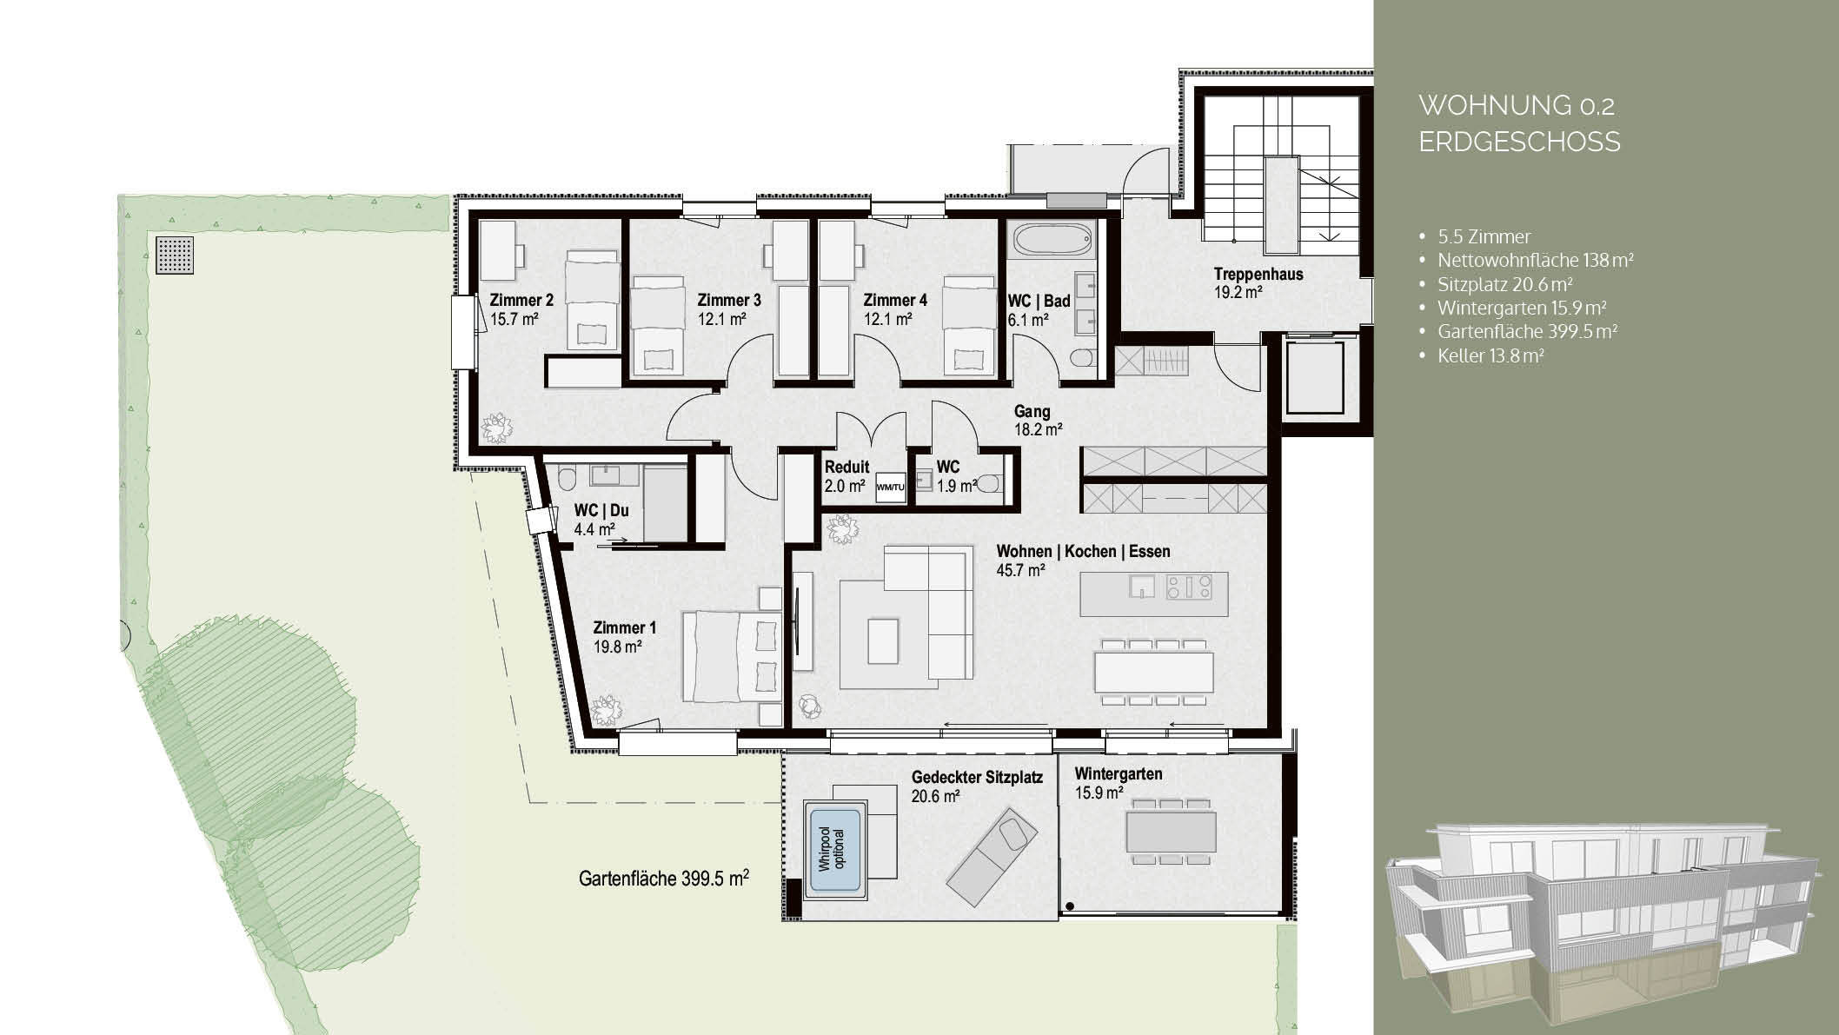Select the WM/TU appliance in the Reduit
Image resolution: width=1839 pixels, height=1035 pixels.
[x=890, y=486]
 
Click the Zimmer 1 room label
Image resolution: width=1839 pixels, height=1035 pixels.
[x=624, y=627]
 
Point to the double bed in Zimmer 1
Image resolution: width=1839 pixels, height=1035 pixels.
[x=731, y=656]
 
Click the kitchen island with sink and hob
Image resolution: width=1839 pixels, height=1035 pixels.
[x=1154, y=594]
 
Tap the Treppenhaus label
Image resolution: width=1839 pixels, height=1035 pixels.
[x=1258, y=274]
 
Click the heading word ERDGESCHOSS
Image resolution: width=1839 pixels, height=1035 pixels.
[x=1519, y=142]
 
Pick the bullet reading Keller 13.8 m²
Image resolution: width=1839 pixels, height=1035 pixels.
[x=1490, y=355]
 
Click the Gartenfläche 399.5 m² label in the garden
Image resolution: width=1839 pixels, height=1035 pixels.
[x=664, y=879]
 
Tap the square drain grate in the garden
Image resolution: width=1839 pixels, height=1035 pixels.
[x=176, y=255]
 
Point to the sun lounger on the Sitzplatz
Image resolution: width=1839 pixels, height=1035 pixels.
[x=992, y=856]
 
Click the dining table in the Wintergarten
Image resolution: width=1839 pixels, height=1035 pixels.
[x=1170, y=831]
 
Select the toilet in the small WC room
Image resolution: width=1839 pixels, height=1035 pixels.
[x=989, y=484]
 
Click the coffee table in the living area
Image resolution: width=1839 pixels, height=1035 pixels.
[x=882, y=641]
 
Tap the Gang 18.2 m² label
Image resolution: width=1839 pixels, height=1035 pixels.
[x=1037, y=419]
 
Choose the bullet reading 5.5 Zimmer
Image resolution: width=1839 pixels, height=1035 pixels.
[x=1484, y=236]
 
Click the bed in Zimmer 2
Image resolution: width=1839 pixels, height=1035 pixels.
[x=592, y=299]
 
